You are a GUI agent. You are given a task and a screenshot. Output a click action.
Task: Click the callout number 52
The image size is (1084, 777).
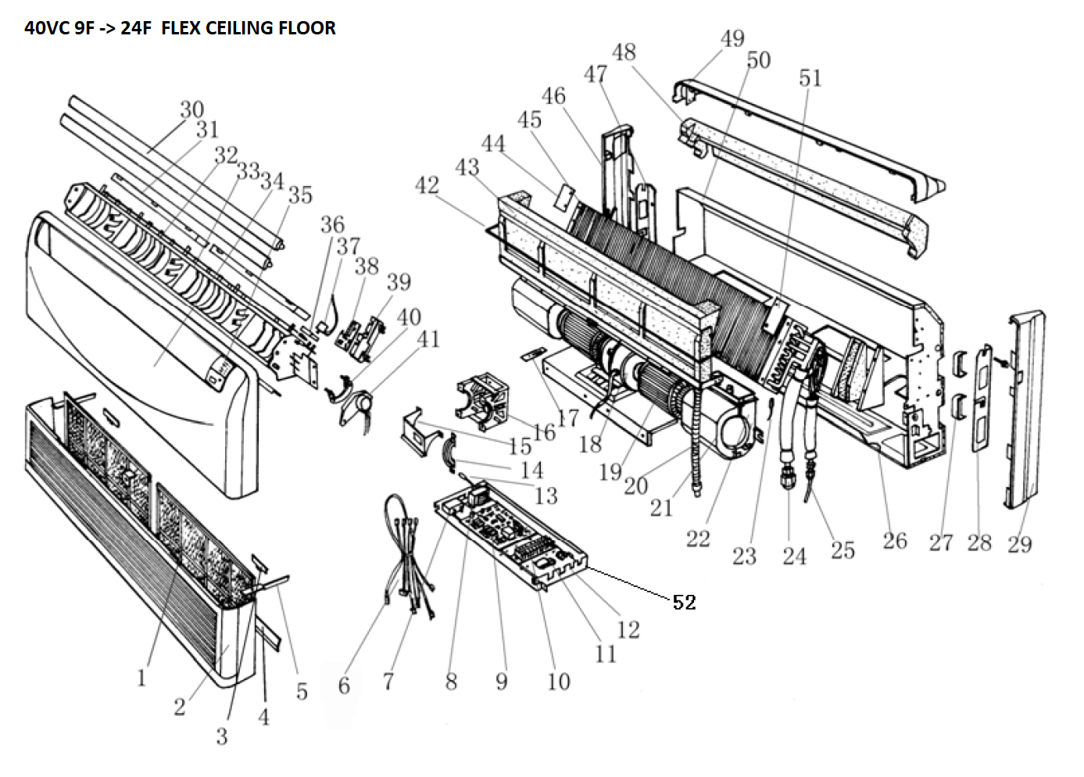click(x=684, y=602)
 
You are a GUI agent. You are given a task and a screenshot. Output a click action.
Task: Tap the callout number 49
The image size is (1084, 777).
click(x=732, y=38)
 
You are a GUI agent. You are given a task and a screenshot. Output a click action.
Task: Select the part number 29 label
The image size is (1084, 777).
click(x=1019, y=544)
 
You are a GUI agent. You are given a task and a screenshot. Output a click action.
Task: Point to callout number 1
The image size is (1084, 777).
click(x=141, y=677)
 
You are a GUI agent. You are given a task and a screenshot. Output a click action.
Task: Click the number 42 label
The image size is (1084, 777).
click(x=427, y=185)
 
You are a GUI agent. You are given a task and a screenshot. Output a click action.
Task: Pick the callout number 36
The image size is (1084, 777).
click(x=332, y=225)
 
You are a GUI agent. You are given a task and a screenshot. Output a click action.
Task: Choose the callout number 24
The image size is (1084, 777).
click(x=794, y=556)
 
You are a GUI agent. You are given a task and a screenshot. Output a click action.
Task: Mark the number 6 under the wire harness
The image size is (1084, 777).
click(x=344, y=686)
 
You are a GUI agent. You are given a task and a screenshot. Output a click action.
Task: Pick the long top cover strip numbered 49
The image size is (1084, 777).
click(x=813, y=133)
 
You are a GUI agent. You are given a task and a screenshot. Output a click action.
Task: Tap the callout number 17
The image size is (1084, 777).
click(x=568, y=417)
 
